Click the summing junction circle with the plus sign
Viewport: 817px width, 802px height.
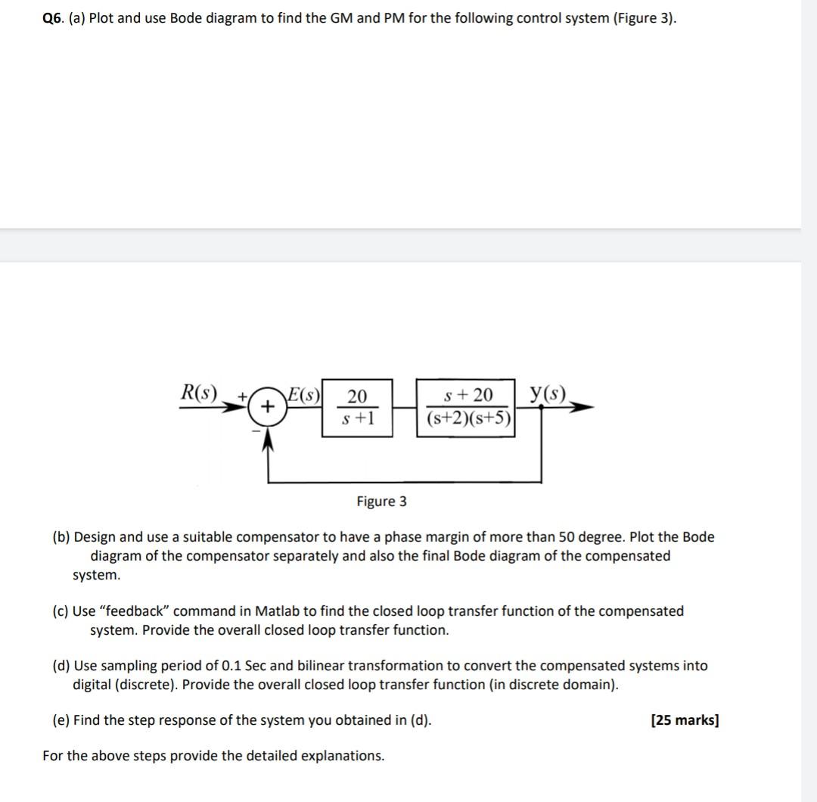(267, 406)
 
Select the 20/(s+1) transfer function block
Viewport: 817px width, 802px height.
(357, 407)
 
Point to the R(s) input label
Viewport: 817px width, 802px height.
(198, 393)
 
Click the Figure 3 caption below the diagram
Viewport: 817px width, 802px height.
(381, 501)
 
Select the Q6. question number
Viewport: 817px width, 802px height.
(53, 18)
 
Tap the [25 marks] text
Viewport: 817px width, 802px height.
(685, 720)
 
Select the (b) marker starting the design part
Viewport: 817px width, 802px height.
(61, 537)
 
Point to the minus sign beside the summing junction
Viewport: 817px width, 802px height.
(255, 431)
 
